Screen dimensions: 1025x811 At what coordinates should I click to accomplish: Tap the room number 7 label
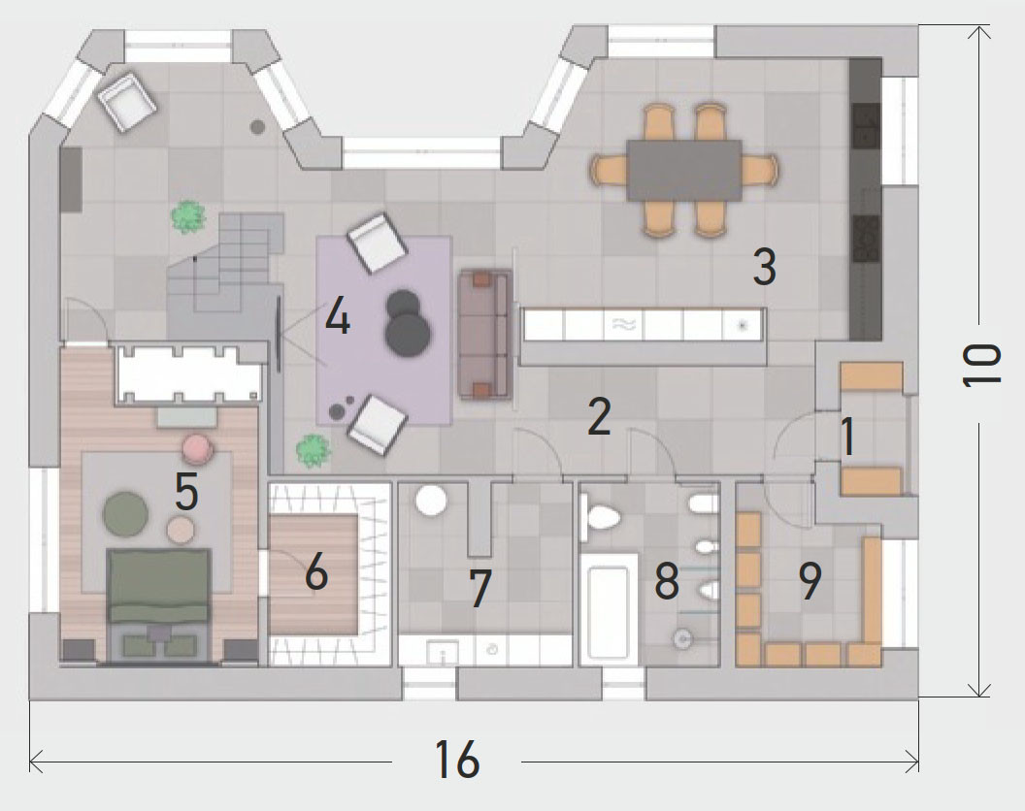point(480,588)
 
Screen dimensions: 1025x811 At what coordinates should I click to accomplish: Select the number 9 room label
point(810,581)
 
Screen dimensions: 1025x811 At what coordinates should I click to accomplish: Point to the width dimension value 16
point(456,760)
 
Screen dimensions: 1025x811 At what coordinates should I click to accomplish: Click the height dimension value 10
point(982,365)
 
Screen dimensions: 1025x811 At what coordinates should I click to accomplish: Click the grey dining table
point(683,170)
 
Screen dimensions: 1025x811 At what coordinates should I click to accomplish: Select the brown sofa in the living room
point(485,335)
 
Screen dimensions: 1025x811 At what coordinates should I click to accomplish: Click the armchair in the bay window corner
point(127,100)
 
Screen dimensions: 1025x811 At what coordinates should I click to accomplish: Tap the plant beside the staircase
point(188,217)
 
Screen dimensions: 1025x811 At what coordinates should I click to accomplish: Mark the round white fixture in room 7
point(431,501)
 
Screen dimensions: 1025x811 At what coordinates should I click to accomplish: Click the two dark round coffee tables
point(406,322)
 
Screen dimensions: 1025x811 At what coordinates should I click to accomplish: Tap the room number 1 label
point(847,438)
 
